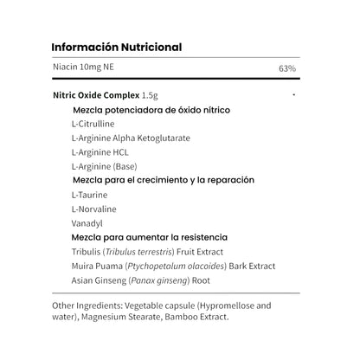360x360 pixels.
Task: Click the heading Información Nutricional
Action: point(116,47)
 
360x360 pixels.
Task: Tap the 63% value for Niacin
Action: point(287,67)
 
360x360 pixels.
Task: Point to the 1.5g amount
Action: point(152,95)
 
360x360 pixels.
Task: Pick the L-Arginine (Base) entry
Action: point(104,165)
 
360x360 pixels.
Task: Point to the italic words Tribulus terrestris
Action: point(143,251)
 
